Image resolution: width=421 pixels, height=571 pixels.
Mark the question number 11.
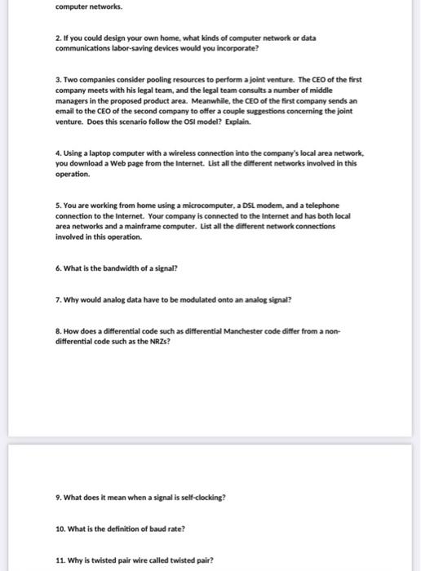click(60, 560)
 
